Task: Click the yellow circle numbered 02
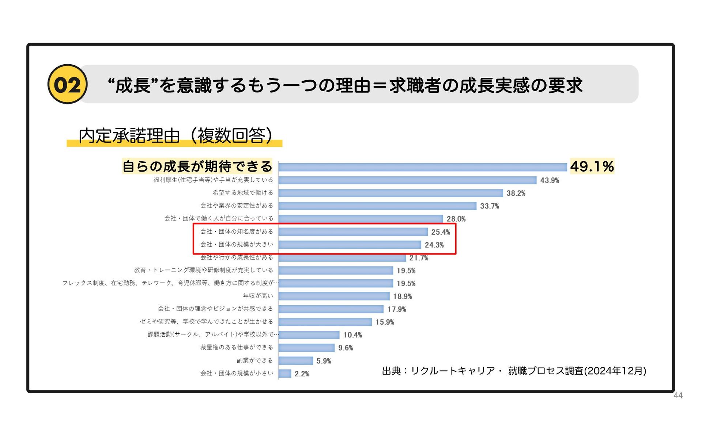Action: coord(67,84)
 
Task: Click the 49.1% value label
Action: coord(592,166)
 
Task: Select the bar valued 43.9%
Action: coord(407,180)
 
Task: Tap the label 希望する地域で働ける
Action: coord(243,193)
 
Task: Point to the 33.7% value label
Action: coord(489,206)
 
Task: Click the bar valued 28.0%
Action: coord(361,219)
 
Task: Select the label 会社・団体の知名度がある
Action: coord(237,231)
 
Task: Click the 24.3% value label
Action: coord(434,245)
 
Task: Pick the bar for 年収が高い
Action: coord(334,296)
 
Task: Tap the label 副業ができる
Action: coord(255,360)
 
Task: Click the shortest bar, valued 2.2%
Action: coord(285,373)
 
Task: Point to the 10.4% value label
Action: coord(352,335)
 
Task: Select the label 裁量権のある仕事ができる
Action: coord(237,347)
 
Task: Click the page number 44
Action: coord(678,396)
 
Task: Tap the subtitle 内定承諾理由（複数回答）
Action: coord(175,136)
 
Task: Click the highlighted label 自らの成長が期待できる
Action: coord(197,166)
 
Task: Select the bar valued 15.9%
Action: coord(325,322)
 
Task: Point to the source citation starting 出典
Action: coord(514,371)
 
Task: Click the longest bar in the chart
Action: coord(422,167)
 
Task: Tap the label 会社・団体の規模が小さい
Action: coord(237,373)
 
